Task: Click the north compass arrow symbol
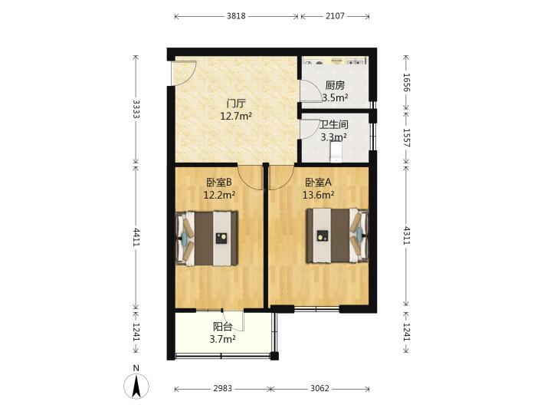136,386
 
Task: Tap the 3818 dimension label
236,16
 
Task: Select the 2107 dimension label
335,16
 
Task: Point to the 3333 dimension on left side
136,110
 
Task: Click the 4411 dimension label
136,237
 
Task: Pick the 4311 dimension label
407,235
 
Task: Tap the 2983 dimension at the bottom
222,389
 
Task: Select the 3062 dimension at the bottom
320,389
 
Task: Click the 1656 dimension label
407,83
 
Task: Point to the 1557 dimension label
407,137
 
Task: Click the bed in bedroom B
207,239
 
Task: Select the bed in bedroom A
337,235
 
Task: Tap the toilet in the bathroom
336,153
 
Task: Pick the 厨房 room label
335,85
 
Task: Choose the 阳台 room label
222,327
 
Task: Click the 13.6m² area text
319,195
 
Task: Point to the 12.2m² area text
219,195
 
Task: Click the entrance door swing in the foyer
185,73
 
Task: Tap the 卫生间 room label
334,124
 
